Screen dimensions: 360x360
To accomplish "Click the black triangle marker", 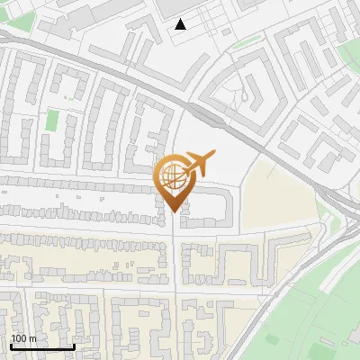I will pos(182,24).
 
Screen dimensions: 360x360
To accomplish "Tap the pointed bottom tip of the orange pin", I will pos(173,212).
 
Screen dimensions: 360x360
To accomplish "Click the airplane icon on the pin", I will pos(198,163).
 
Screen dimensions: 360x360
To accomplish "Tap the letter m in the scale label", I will pos(33,338).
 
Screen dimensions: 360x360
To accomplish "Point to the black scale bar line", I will pos(41,346).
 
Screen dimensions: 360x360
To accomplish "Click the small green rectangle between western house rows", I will pos(52,120).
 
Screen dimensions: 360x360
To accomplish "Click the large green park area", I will pos(315,306).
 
